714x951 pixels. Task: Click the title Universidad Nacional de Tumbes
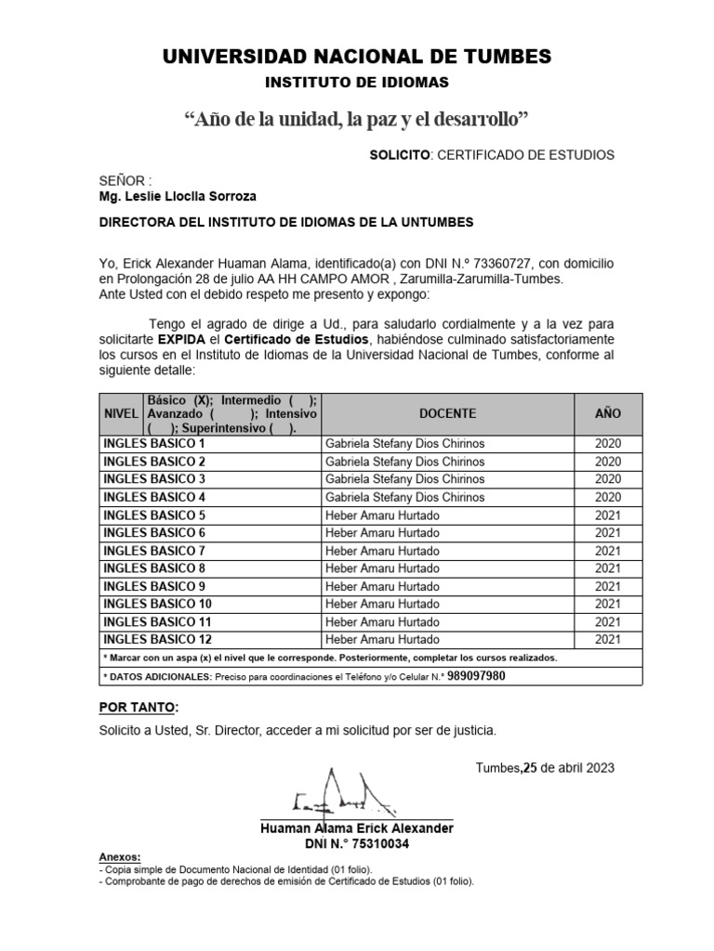357,57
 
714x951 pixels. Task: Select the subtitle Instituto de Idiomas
357,83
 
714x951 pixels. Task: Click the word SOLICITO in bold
398,154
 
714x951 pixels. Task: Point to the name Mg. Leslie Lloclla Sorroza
178,196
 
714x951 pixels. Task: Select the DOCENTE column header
447,412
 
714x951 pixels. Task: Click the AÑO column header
608,412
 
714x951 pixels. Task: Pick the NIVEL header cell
120,412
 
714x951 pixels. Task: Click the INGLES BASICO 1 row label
154,444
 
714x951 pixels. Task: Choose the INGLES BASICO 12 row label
158,639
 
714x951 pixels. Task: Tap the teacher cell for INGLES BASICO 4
404,497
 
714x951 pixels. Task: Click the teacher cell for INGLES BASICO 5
382,515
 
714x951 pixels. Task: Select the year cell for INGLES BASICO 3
608,479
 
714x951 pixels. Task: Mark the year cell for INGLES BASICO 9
608,586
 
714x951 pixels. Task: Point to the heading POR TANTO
139,708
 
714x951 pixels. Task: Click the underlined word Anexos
120,856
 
